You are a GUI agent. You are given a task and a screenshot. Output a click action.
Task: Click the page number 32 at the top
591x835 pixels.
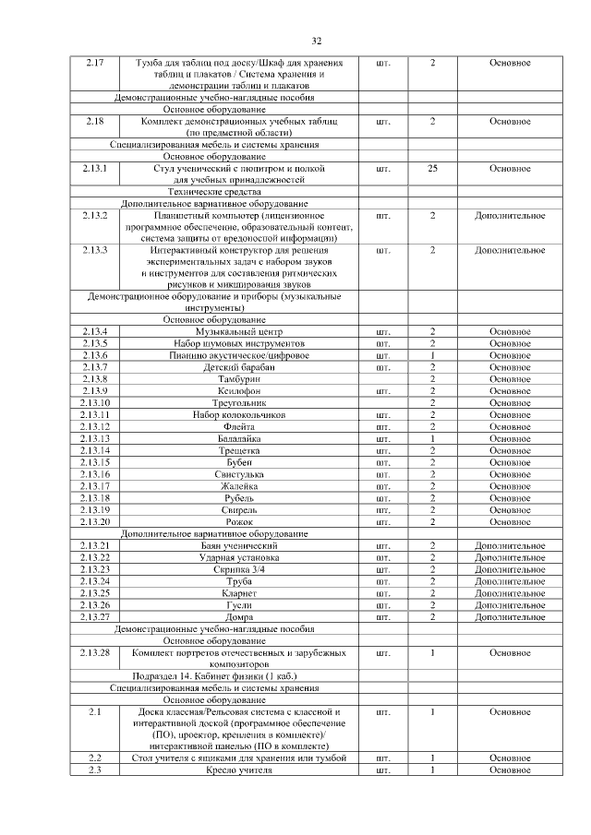[316, 42]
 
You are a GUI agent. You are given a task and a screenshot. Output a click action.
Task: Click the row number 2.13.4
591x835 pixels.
[95, 331]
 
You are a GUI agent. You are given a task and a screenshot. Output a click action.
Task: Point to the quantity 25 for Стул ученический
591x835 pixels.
[432, 169]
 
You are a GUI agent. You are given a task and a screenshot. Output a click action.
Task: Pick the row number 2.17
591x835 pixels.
[95, 63]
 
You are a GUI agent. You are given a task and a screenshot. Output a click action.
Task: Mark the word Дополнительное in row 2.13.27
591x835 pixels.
[510, 617]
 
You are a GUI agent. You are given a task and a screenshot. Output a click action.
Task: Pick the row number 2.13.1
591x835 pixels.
[95, 169]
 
